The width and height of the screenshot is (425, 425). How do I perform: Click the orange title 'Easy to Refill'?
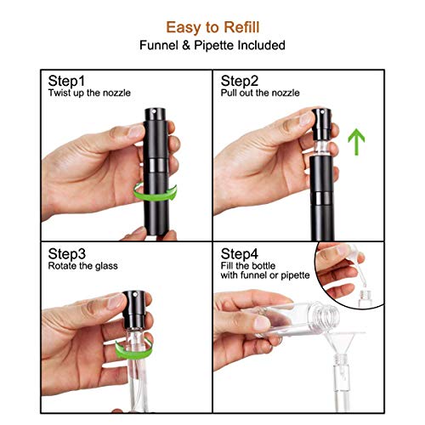pyautogui.click(x=212, y=26)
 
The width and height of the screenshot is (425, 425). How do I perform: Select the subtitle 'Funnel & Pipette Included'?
pyautogui.click(x=212, y=44)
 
